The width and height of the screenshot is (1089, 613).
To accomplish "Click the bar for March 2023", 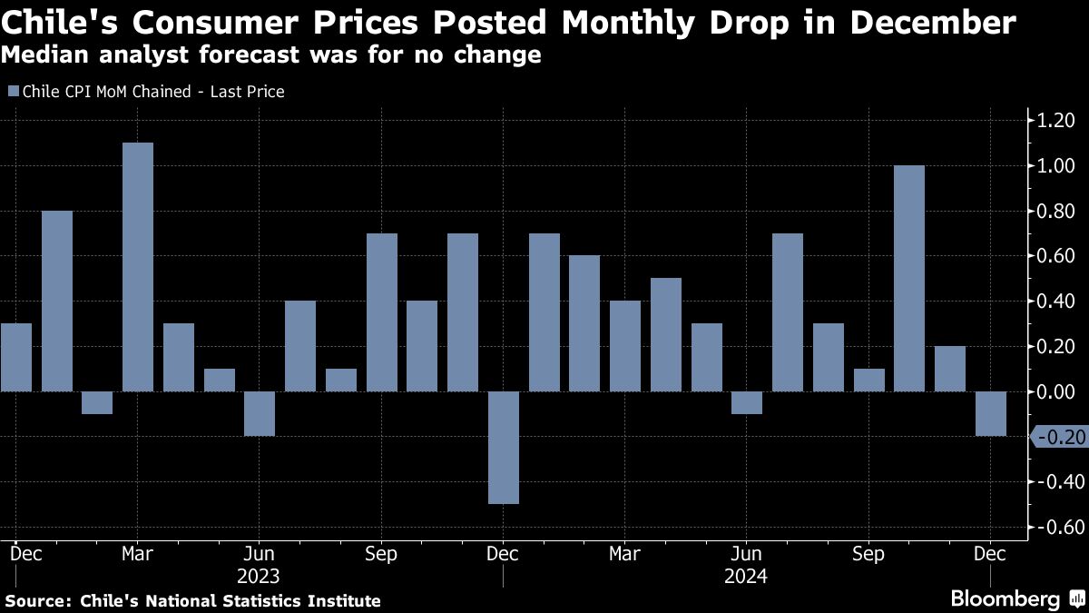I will tap(138, 267).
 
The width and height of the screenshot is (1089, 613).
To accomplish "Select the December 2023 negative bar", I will tap(503, 447).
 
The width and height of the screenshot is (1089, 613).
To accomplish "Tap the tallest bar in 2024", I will tap(909, 278).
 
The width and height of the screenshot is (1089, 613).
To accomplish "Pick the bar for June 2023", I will tap(260, 413).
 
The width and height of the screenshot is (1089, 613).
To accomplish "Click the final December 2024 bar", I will tap(991, 413).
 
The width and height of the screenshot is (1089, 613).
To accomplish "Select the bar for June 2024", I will tap(746, 402).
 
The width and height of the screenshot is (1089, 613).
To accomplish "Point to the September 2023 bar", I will tap(381, 312).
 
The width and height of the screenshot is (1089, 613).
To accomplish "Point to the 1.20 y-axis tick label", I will tap(1055, 121).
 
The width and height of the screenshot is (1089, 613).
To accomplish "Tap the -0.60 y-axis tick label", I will tap(1055, 529).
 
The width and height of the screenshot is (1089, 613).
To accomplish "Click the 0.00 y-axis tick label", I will tap(1055, 392).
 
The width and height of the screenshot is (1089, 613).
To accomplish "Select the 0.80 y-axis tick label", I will tap(1055, 212).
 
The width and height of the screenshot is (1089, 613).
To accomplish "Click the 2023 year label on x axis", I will tap(259, 577).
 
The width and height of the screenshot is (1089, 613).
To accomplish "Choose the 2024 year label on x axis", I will tap(746, 577).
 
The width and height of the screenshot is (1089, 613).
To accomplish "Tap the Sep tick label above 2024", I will tap(868, 554).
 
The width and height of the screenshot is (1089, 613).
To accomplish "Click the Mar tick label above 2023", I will tap(138, 554).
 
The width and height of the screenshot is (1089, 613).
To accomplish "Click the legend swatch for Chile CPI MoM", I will tap(13, 92).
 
